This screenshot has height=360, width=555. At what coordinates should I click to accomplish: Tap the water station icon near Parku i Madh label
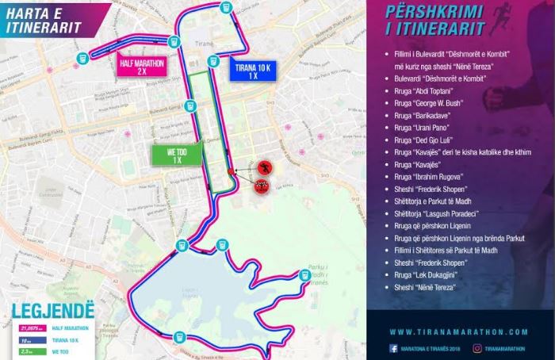pos(305,275)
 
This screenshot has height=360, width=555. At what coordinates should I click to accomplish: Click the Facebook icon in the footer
pos(393,348)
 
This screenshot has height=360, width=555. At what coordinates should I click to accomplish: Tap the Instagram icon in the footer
pos(477,348)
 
